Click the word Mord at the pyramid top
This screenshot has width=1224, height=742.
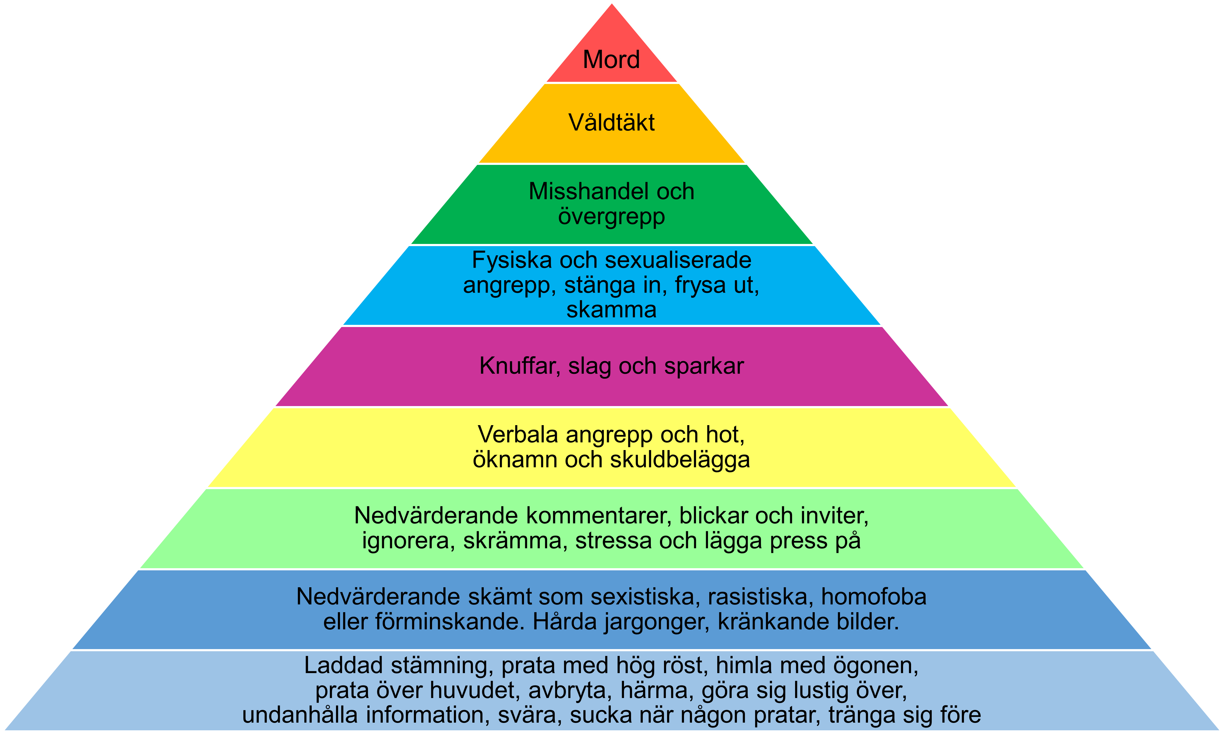pos(611,60)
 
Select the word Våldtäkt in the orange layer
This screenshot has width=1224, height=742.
pos(611,123)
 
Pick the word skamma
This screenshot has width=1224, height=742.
pos(611,310)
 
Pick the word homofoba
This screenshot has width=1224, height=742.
pos(873,596)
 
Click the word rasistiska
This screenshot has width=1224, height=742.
pos(761,596)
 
